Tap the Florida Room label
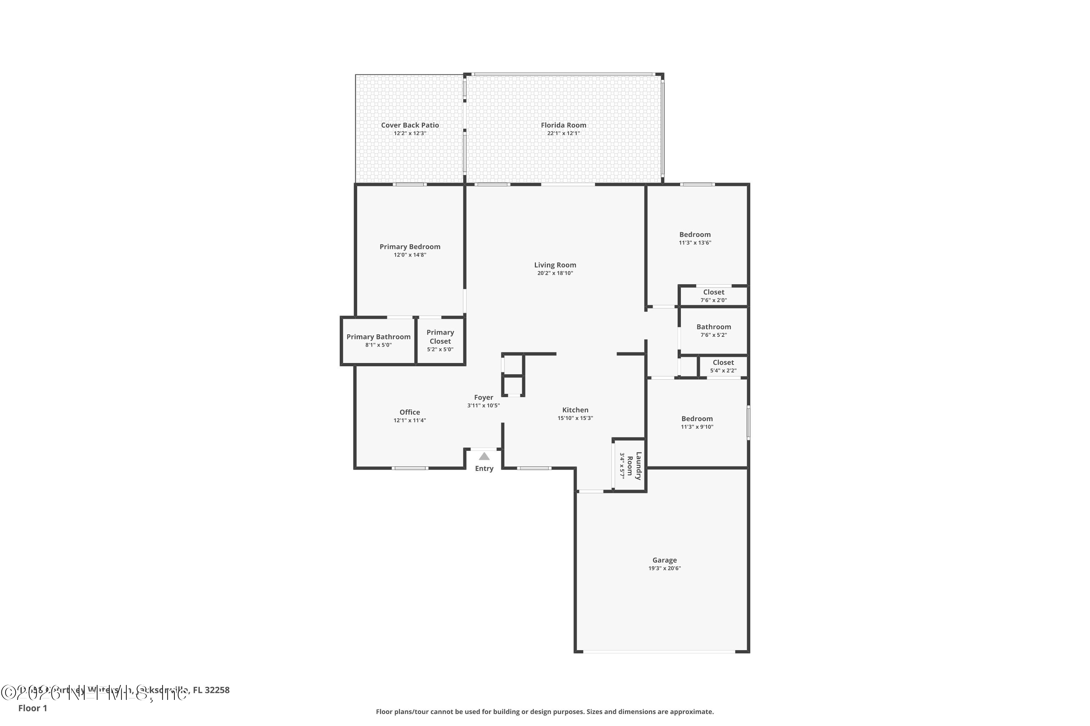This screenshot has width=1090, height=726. coord(563,125)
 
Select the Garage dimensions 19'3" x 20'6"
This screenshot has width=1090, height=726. coord(664,568)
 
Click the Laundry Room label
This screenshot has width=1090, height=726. coord(634,466)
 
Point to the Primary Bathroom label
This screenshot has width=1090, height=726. coord(378,337)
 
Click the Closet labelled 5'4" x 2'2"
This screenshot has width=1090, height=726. coord(723,363)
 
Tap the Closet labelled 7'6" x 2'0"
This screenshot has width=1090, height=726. coord(713,292)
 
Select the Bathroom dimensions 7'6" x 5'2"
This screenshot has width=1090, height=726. coord(713,335)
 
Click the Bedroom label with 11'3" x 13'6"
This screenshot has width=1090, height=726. coord(695,235)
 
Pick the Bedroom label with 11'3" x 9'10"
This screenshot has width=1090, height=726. coord(697,419)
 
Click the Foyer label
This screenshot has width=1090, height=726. coord(483,397)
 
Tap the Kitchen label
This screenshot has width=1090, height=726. coord(575,410)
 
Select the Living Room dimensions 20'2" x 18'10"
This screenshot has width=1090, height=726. coord(555,273)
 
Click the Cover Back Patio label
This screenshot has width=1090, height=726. coord(410,125)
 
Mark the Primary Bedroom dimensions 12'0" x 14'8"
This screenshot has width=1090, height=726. coord(410,255)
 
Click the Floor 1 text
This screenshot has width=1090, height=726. coord(32,708)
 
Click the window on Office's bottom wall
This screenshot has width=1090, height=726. coord(410,468)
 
